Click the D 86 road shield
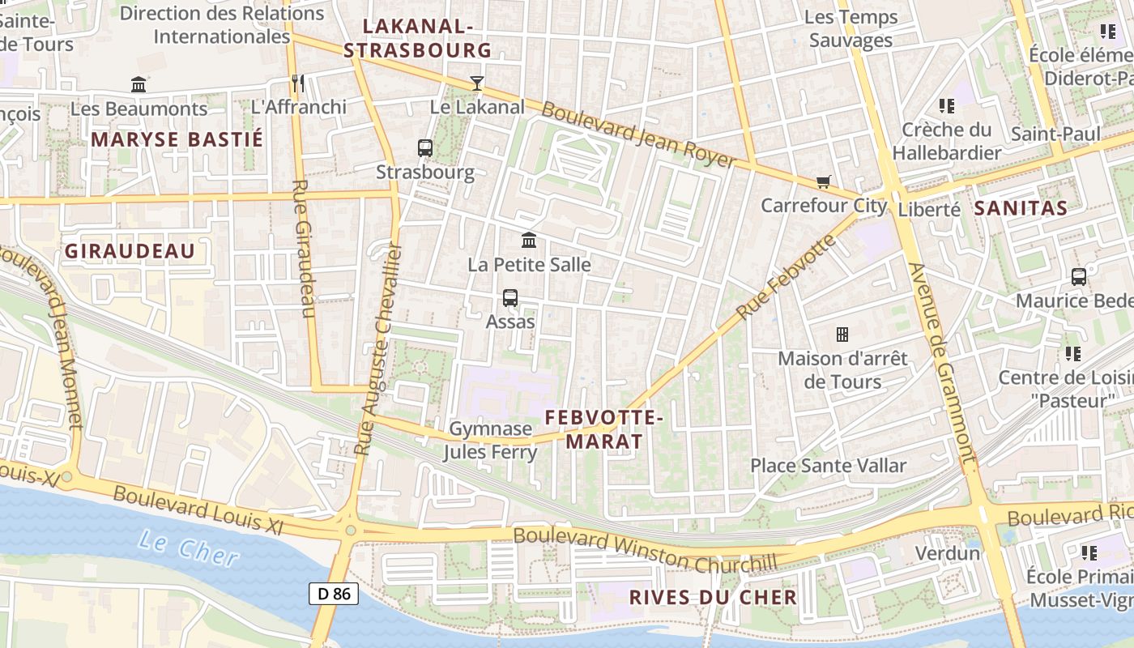334,594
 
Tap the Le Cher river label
188,548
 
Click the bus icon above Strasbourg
425,148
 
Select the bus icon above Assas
510,297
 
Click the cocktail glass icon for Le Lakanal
477,83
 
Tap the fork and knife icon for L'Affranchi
298,83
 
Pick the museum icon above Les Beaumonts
139,84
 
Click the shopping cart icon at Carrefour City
824,181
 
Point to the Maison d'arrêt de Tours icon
842,334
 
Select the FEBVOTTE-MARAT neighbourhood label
604,429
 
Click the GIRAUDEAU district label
130,251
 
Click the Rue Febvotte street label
786,276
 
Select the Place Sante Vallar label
828,466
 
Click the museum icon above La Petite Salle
530,241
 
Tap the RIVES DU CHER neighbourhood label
714,598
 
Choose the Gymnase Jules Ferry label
490,440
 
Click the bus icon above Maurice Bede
1079,277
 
